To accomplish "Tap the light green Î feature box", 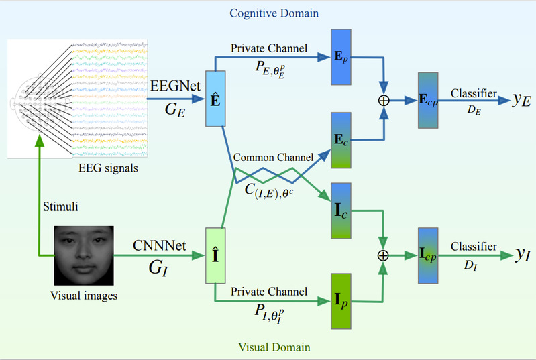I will tap(215, 255).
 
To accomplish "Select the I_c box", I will tap(341, 210).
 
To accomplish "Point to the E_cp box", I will tap(427, 100).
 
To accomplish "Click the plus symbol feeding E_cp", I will tap(384, 100).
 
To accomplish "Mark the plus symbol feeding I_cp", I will tap(384, 255).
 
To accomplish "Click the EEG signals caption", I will tap(108, 168).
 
